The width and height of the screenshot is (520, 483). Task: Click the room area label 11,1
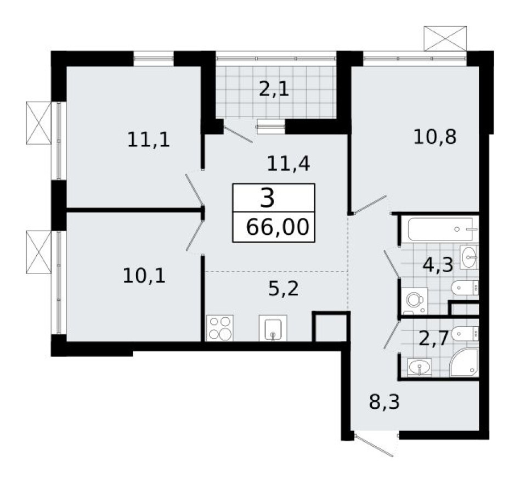pos(148,140)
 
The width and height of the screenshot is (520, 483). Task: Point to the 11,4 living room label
pos(285,162)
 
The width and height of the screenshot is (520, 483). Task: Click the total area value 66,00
pos(274,227)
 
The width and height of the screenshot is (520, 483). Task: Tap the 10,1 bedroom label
pos(144,274)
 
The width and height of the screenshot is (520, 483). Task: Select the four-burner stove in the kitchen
pos(219,328)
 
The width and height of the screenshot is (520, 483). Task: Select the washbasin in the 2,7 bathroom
pos(420,366)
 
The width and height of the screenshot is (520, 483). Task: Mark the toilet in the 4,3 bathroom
pos(465,287)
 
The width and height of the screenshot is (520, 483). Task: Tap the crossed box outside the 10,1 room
pos(38,249)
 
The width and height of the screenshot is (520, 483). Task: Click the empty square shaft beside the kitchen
pos(331,328)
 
